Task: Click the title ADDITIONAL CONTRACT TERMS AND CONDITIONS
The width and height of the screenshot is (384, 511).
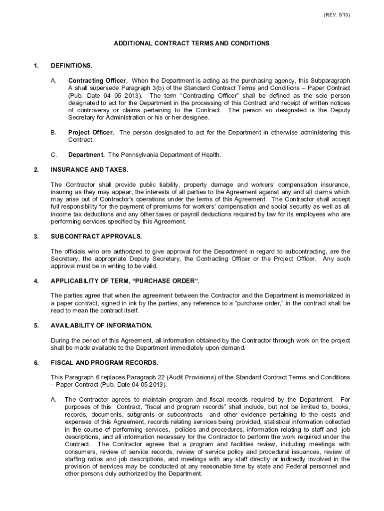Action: pyautogui.click(x=192, y=43)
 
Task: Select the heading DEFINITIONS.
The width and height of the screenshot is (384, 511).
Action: pyautogui.click(x=72, y=65)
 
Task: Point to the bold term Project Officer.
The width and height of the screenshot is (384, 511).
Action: pyautogui.click(x=91, y=132)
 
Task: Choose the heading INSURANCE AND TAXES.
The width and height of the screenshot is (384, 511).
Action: pyautogui.click(x=89, y=170)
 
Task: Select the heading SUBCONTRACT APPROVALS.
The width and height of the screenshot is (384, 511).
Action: pyautogui.click(x=96, y=236)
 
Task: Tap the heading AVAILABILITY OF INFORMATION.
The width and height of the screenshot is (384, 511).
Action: pyautogui.click(x=102, y=325)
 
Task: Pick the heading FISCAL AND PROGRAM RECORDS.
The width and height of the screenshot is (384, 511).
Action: pyautogui.click(x=105, y=362)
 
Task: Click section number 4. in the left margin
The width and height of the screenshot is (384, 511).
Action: pyautogui.click(x=36, y=281)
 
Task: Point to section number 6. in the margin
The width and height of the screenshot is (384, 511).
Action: pyautogui.click(x=36, y=362)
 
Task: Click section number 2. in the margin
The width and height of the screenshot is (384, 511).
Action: pyautogui.click(x=36, y=170)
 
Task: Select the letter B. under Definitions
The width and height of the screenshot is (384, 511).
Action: pyautogui.click(x=53, y=132)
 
